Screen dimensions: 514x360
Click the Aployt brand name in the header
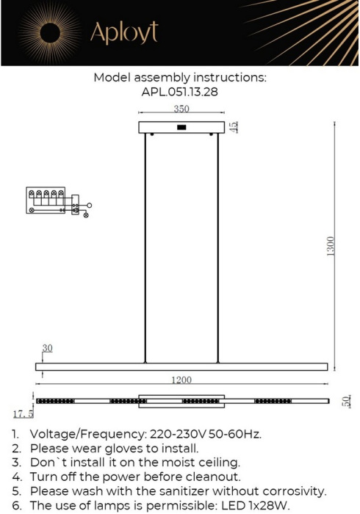click(123, 33)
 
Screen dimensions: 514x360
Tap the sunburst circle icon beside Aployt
click(50, 32)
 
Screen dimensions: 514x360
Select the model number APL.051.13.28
click(179, 93)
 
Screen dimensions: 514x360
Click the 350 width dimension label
click(181, 109)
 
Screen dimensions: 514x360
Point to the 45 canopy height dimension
click(234, 127)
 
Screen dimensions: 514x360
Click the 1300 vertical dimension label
click(331, 247)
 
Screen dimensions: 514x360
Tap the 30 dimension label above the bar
click(47, 348)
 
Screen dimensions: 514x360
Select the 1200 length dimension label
click(181, 380)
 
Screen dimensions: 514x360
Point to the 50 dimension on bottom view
click(346, 402)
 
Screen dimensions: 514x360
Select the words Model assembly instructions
click(179, 78)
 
